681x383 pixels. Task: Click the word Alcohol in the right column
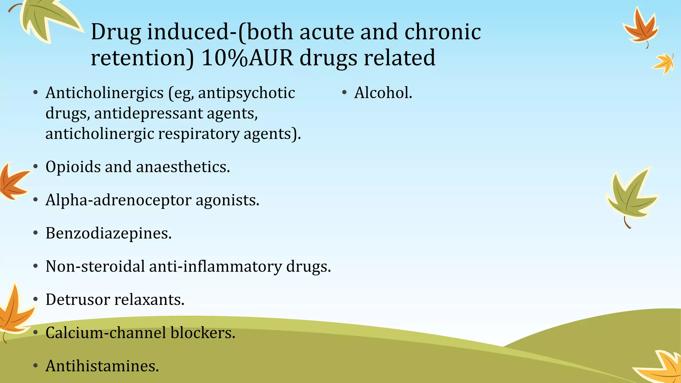click(382, 93)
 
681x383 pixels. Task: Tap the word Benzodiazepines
click(108, 233)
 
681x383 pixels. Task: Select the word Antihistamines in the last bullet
click(101, 366)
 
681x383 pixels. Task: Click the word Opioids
click(73, 167)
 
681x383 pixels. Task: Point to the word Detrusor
click(77, 299)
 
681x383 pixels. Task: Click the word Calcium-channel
click(105, 332)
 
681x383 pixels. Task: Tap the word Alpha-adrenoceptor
click(118, 200)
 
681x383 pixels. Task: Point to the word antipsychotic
click(246, 93)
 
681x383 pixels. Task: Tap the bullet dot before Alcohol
click(344, 93)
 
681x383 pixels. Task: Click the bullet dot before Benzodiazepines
click(36, 233)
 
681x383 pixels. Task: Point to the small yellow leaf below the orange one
click(664, 63)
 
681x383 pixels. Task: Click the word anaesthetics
click(183, 167)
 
